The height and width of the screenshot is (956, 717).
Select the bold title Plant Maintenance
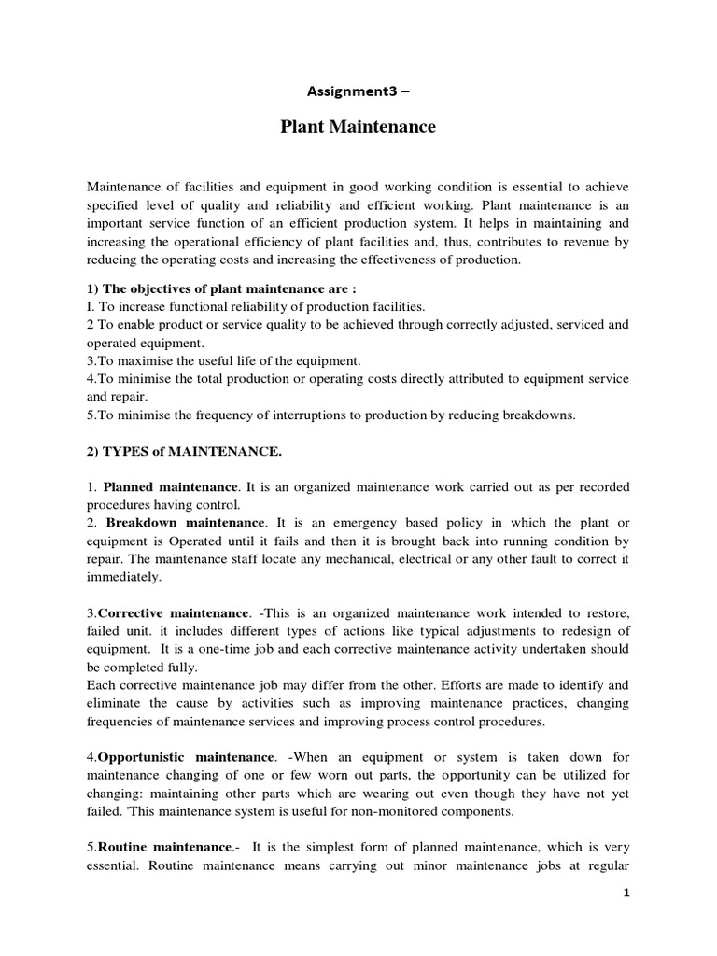click(358, 127)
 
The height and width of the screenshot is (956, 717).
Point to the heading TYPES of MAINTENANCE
click(183, 452)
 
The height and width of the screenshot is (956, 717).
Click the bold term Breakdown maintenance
click(186, 523)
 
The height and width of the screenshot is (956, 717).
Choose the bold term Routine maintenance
click(163, 846)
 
